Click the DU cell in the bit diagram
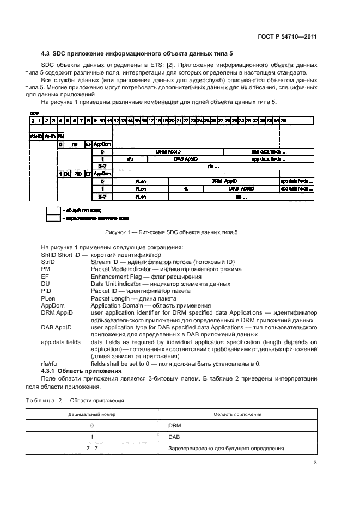68,174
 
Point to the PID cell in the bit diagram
78,174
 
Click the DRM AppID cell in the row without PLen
168,152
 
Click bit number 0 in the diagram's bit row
33,121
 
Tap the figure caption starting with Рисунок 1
180,232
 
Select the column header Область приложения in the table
239,414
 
